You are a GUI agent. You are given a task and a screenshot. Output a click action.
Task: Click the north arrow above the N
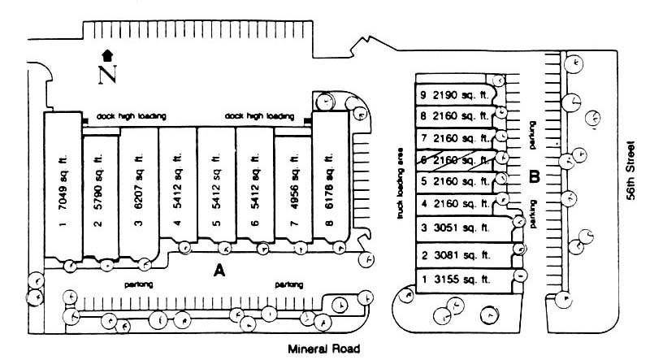pos(106,56)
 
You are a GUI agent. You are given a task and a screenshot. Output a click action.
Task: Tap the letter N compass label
pos(106,75)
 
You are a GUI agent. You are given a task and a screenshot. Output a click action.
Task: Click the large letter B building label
pos(535,176)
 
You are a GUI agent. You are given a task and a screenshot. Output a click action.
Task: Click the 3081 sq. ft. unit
pos(457,255)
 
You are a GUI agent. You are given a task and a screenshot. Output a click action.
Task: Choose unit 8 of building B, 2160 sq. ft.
pos(453,116)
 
